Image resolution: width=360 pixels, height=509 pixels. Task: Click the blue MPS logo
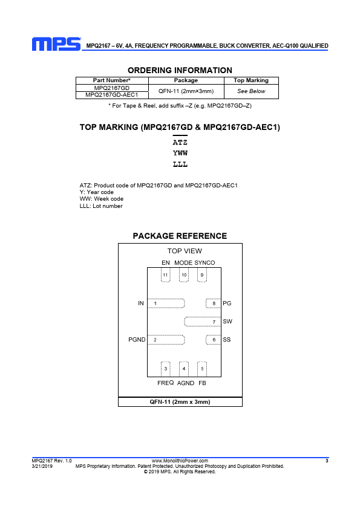(x=56, y=44)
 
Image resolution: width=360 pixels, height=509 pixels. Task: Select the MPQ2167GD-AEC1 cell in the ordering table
(x=112, y=95)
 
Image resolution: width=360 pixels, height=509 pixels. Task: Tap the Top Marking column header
(x=251, y=80)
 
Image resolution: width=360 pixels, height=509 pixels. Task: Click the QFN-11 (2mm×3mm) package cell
(x=186, y=91)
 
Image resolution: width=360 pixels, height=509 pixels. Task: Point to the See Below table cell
(x=251, y=91)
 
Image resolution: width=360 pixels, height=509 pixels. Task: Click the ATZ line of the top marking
(x=180, y=143)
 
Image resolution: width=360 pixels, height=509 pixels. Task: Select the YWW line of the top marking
(x=180, y=153)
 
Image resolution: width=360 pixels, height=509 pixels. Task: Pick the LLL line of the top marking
(x=180, y=164)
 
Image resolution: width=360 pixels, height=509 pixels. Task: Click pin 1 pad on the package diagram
(x=166, y=303)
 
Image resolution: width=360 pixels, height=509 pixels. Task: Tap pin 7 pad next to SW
(x=203, y=322)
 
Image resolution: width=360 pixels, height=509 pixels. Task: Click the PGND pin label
(x=137, y=340)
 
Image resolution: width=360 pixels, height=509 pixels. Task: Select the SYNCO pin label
(x=205, y=262)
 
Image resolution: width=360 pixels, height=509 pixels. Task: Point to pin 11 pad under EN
(x=165, y=275)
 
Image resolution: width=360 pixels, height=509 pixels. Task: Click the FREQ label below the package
(x=165, y=383)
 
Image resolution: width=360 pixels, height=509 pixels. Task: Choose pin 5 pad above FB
(x=202, y=369)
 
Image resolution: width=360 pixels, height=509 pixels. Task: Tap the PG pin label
(x=227, y=303)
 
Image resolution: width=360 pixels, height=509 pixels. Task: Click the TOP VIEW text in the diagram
(x=185, y=251)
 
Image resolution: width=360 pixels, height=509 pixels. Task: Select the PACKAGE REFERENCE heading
(x=180, y=236)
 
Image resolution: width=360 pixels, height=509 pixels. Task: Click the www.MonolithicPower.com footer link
(x=180, y=461)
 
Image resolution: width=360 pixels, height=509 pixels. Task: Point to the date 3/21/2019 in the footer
(x=42, y=466)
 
